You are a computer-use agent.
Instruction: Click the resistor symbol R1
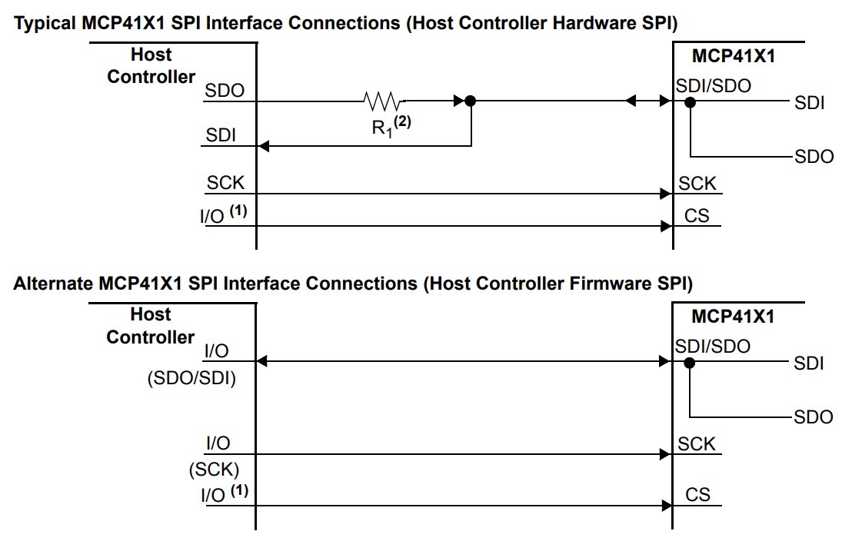pyautogui.click(x=382, y=100)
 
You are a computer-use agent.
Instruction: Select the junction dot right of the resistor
pyautogui.click(x=471, y=101)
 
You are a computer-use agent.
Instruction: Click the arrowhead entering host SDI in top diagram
pyautogui.click(x=262, y=144)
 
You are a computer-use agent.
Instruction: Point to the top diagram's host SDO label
pyautogui.click(x=225, y=91)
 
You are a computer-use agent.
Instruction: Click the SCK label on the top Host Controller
pyautogui.click(x=225, y=183)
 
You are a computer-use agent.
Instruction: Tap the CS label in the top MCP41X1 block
pyautogui.click(x=697, y=216)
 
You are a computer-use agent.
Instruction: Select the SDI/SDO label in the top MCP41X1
pyautogui.click(x=713, y=85)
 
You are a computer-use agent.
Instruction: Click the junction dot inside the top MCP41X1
pyautogui.click(x=691, y=101)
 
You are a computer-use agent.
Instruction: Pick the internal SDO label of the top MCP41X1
pyautogui.click(x=814, y=157)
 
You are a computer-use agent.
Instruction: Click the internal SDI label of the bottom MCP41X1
pyautogui.click(x=809, y=363)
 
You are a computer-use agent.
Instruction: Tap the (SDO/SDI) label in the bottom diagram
pyautogui.click(x=191, y=379)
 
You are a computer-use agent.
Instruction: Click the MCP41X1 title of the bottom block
pyautogui.click(x=733, y=317)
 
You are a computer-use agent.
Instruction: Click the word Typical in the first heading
pyautogui.click(x=45, y=23)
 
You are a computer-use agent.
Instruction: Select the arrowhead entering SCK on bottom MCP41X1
pyautogui.click(x=666, y=454)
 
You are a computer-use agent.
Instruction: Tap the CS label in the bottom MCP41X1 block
pyautogui.click(x=697, y=495)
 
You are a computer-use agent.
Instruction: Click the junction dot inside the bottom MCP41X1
pyautogui.click(x=690, y=363)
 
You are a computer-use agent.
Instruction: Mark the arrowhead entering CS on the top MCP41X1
pyautogui.click(x=666, y=226)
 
